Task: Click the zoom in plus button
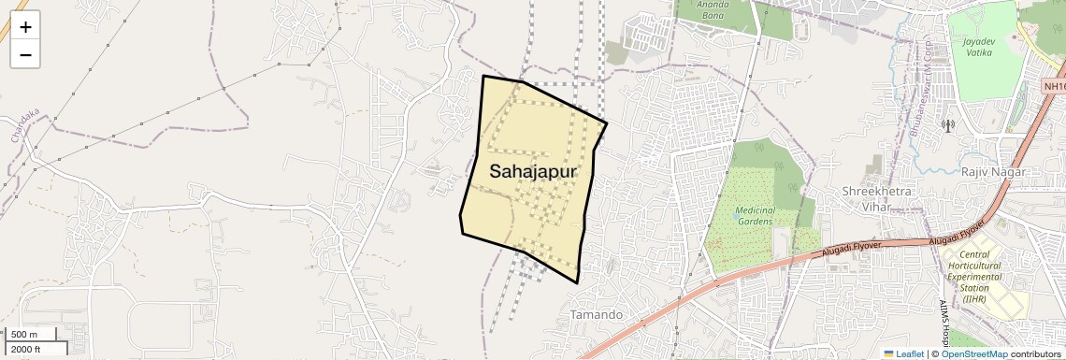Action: tap(25, 27)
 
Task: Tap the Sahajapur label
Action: tap(532, 172)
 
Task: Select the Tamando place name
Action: tap(596, 314)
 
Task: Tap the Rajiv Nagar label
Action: tap(993, 172)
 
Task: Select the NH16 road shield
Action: tap(1054, 86)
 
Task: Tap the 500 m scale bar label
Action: tap(25, 335)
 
